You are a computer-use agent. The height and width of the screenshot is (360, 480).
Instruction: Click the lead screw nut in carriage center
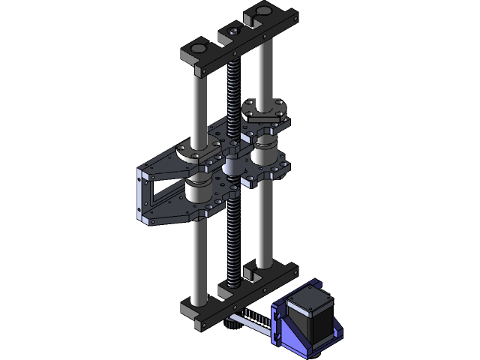(234, 166)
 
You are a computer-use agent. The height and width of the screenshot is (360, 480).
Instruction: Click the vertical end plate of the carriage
(140, 196)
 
